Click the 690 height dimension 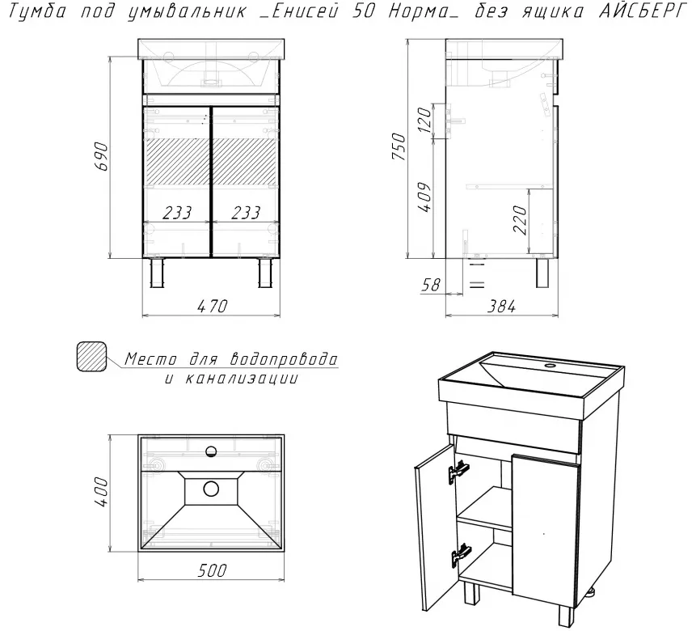click(101, 156)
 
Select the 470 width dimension click(213, 306)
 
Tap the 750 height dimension click(399, 146)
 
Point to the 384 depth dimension click(501, 306)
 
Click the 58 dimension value click(431, 285)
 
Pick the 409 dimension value click(424, 197)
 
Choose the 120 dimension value click(424, 119)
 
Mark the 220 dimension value click(521, 219)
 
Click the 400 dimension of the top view click(101, 492)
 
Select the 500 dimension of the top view click(213, 570)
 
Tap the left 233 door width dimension click(177, 213)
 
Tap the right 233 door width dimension click(246, 213)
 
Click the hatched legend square click(91, 356)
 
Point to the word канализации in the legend click(241, 379)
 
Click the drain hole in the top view click(211, 489)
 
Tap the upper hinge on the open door click(459, 471)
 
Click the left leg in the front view click(157, 273)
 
